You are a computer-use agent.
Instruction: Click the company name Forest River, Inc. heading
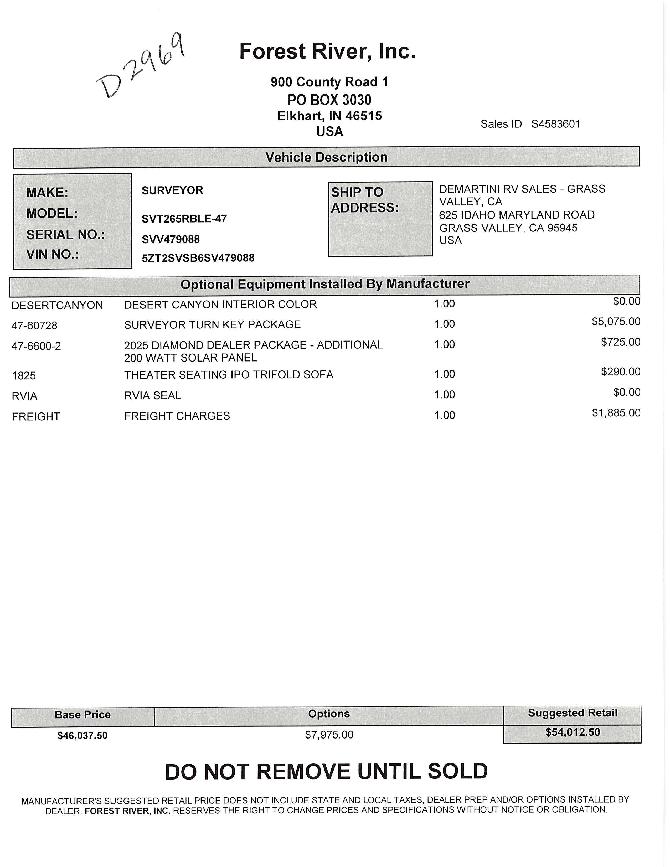coord(327,51)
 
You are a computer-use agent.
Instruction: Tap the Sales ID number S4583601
coord(556,124)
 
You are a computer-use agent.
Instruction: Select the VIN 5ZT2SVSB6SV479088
coord(198,258)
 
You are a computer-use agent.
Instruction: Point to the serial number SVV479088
coord(171,239)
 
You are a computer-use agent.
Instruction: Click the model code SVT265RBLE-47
coord(184,219)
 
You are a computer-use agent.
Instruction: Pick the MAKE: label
coord(47,193)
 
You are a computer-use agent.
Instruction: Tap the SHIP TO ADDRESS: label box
coord(380,219)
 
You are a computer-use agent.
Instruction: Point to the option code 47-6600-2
coord(36,346)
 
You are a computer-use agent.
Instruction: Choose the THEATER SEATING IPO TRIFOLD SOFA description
coord(229,375)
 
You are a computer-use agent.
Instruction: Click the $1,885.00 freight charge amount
coord(616,413)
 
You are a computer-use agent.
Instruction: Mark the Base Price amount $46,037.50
coord(83,736)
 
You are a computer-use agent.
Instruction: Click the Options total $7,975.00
coord(329,735)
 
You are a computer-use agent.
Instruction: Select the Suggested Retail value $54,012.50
coord(572,732)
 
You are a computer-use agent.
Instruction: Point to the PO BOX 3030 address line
coord(329,100)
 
